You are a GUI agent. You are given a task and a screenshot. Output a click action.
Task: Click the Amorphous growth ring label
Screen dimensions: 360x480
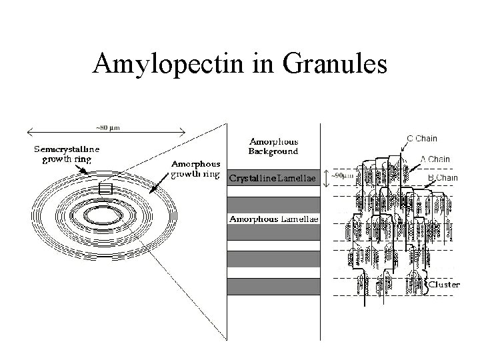[196, 169]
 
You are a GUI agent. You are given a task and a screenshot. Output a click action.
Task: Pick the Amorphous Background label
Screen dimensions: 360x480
[273, 146]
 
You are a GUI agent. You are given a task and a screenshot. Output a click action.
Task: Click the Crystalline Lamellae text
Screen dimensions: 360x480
[273, 178]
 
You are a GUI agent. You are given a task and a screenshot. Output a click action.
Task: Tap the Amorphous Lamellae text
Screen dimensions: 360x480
[273, 218]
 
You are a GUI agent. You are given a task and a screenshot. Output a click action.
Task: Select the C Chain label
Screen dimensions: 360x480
[423, 139]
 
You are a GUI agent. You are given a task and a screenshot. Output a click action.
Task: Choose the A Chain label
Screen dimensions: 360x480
[435, 159]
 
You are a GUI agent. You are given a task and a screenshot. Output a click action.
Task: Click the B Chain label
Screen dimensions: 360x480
[443, 177]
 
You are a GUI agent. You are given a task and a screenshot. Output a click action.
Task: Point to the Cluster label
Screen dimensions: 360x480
[444, 284]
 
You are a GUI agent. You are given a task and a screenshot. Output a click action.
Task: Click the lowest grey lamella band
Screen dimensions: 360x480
[273, 287]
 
